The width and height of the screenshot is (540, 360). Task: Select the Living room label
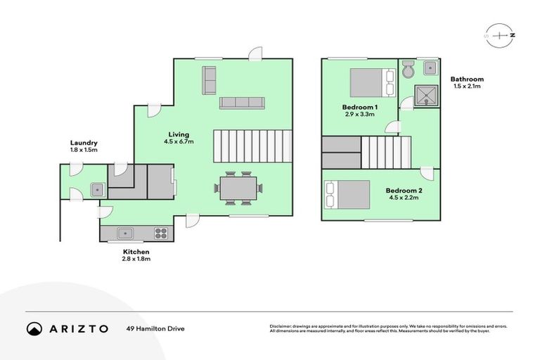point(179,134)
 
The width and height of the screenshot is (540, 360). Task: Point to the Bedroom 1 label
point(359,106)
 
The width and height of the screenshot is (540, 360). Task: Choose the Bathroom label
point(467,79)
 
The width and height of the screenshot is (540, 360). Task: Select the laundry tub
point(96,188)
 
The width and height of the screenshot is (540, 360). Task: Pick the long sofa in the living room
point(241,103)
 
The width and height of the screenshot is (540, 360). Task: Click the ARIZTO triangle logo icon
point(34,328)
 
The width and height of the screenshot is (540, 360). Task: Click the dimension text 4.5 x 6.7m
point(179,142)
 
